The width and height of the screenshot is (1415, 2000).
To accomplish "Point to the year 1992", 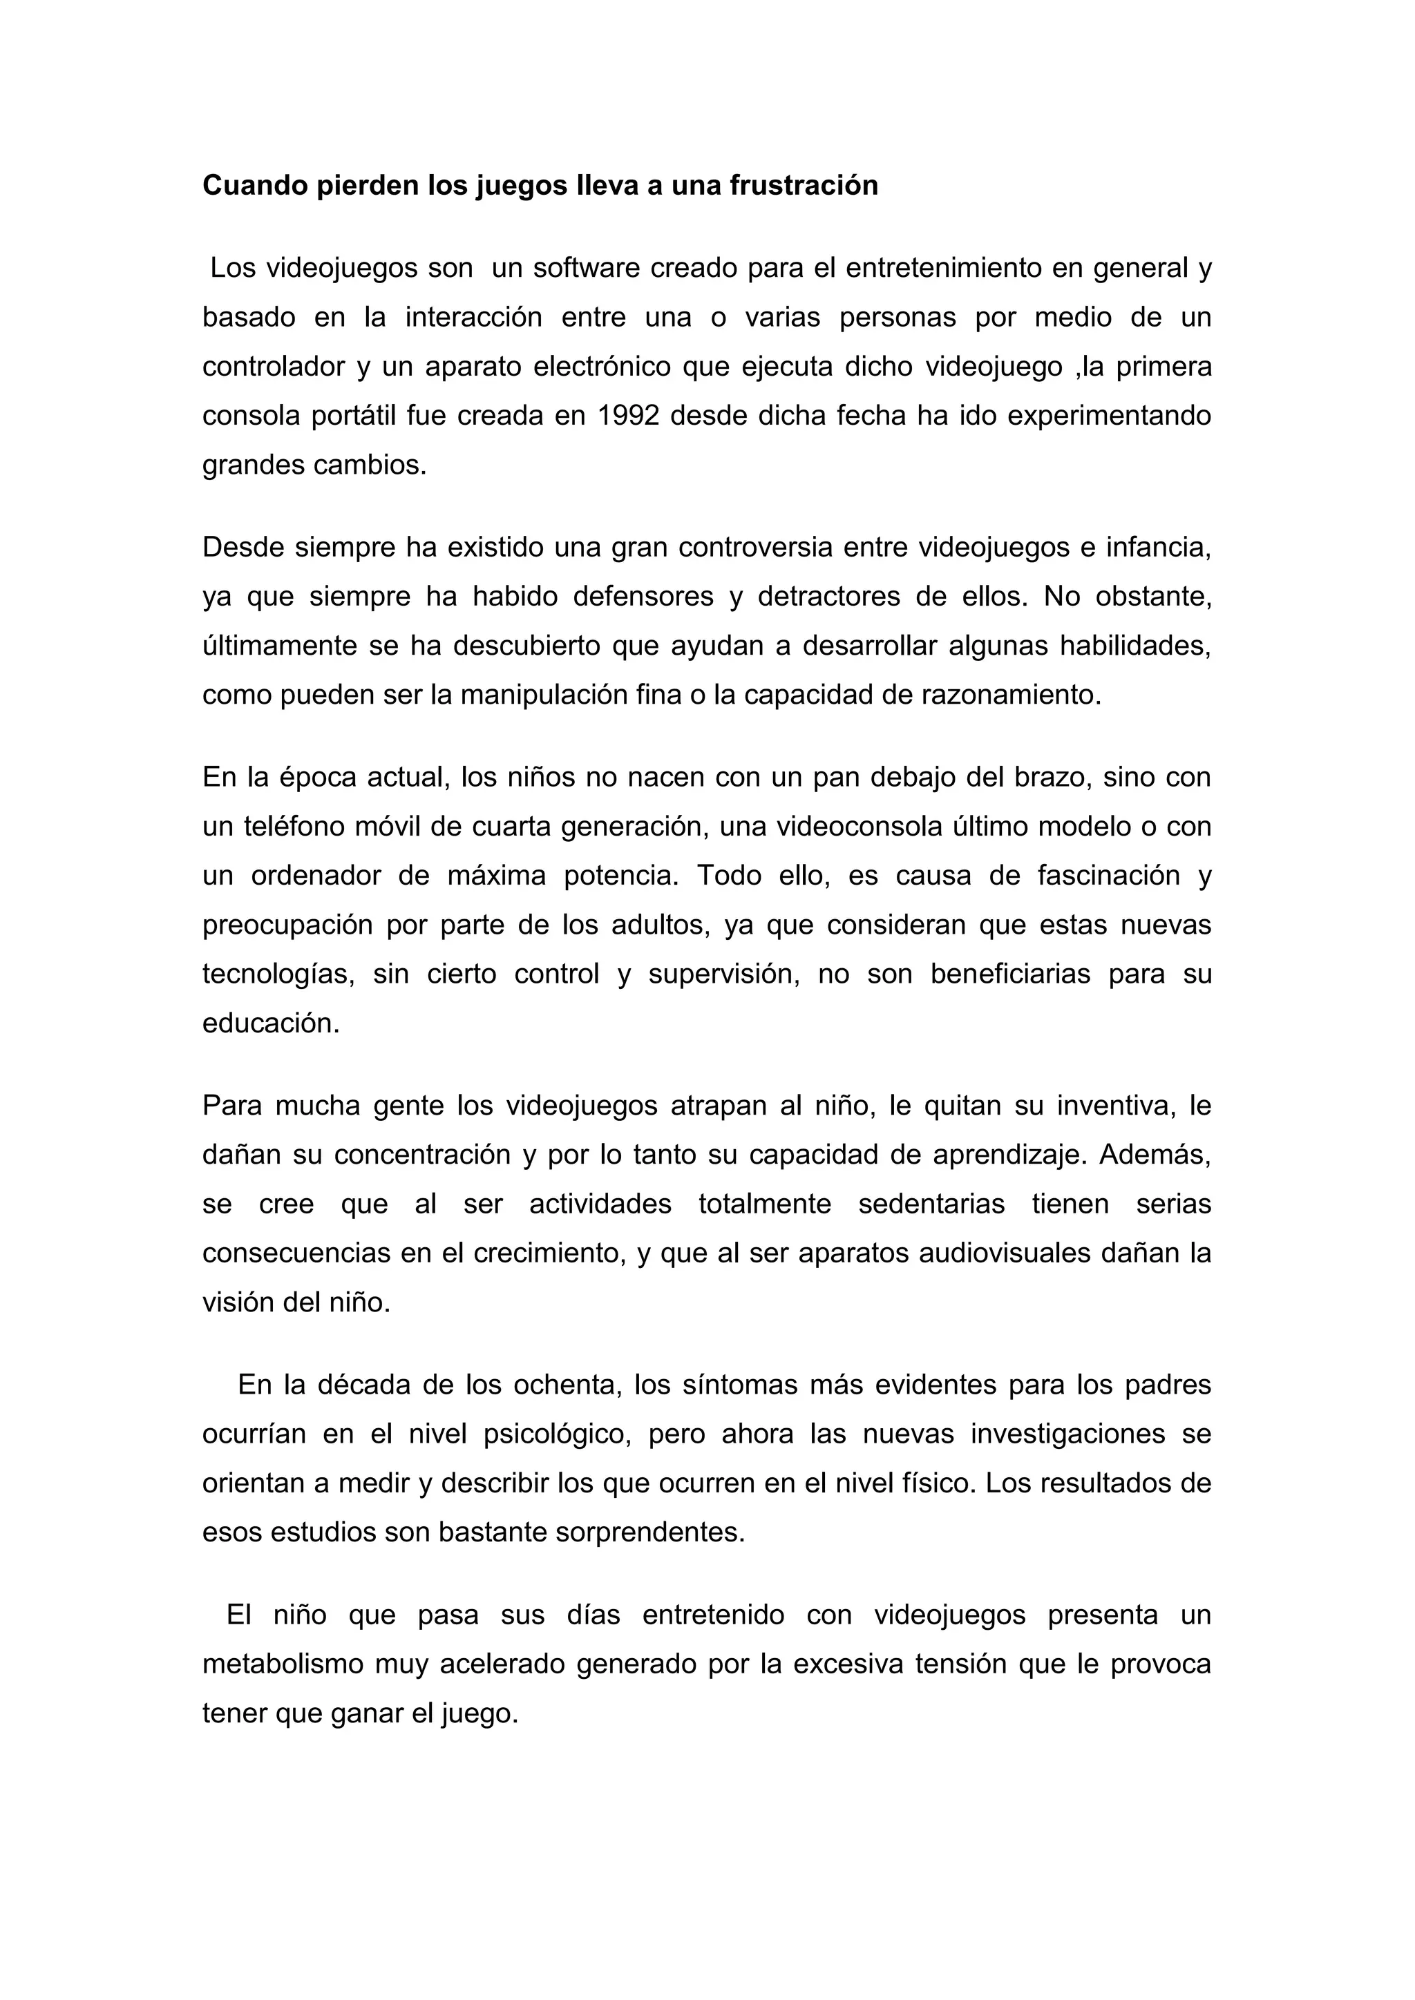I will pos(628,416).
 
